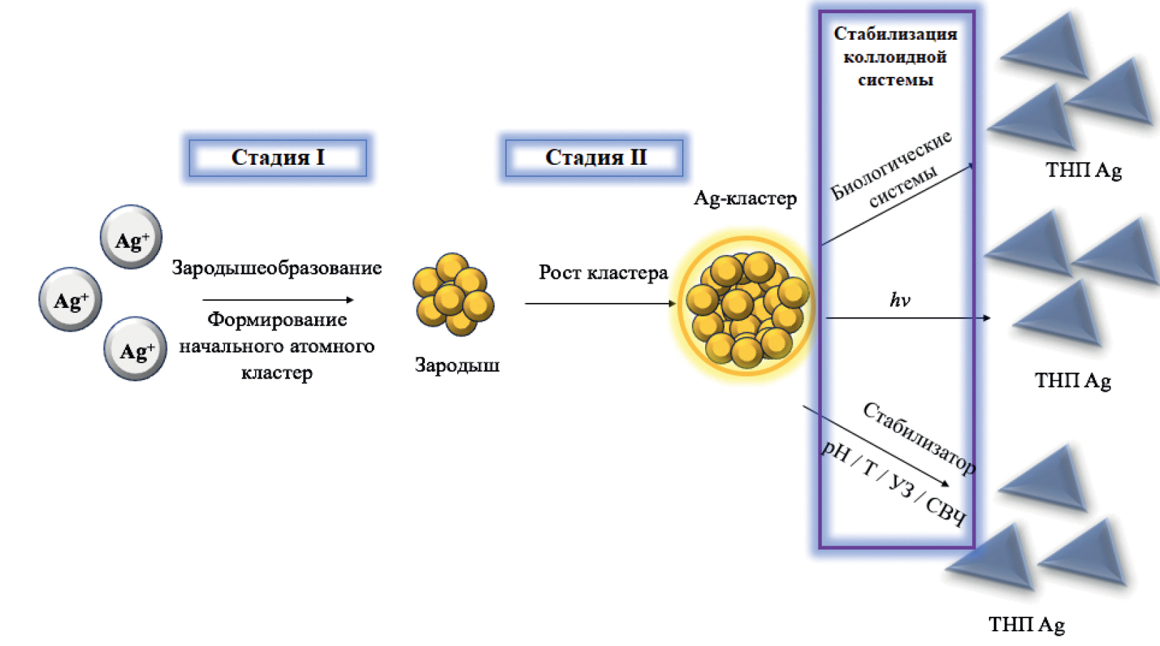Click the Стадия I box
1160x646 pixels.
(277, 157)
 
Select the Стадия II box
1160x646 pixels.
(595, 157)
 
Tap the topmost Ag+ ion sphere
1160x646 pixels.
(131, 237)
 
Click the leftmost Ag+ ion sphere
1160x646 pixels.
(71, 300)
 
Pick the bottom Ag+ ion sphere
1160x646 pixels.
(136, 349)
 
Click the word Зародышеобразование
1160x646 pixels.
(277, 267)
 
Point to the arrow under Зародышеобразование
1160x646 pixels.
(277, 300)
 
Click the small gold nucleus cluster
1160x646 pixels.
(454, 294)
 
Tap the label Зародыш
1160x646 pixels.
(457, 365)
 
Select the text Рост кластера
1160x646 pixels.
(603, 272)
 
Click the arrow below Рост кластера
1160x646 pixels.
(600, 304)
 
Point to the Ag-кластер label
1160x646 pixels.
(745, 198)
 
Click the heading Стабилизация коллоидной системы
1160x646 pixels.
(895, 57)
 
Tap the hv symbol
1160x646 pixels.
(899, 300)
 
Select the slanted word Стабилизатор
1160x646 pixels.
(919, 438)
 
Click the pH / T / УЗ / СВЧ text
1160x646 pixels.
(893, 483)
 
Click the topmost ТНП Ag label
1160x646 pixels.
(1083, 170)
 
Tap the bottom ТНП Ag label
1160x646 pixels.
(1027, 624)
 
